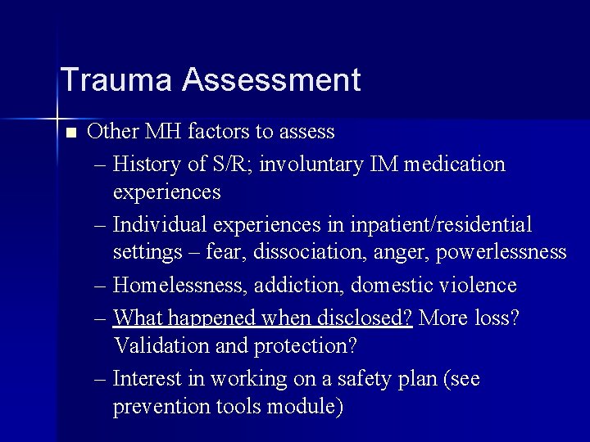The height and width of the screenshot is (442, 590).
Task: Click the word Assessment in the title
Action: (x=271, y=80)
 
